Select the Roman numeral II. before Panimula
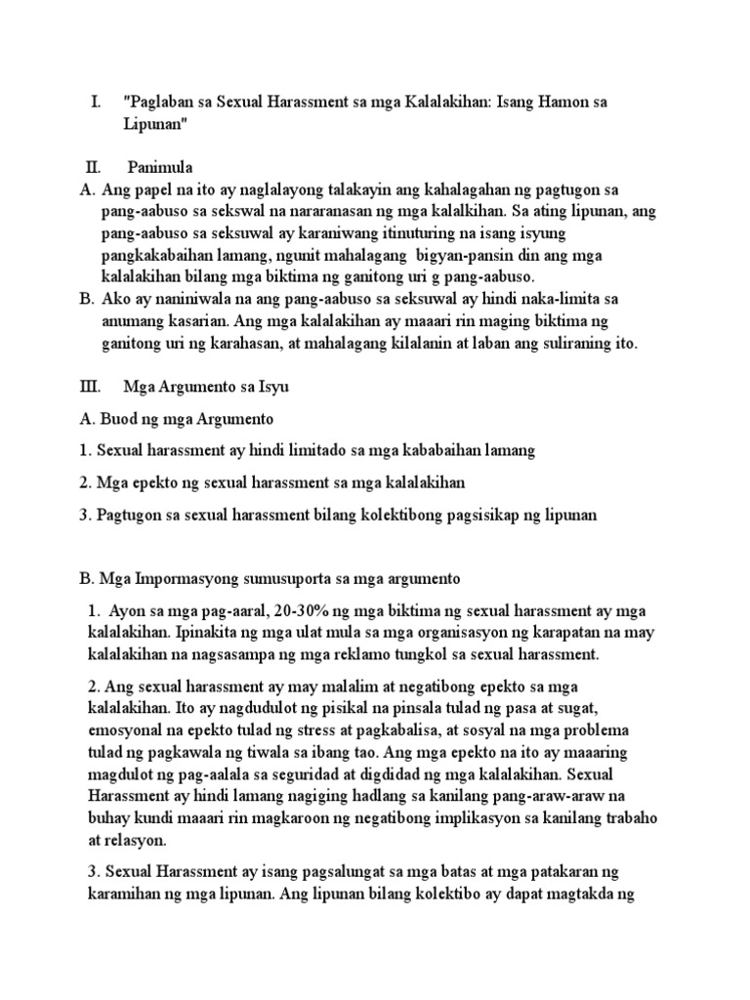point(93,168)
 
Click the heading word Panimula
point(161,168)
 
